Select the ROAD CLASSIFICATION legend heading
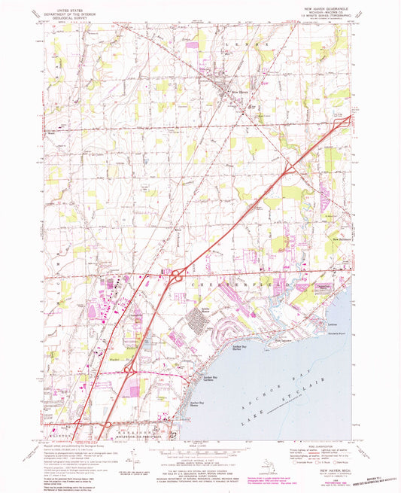click(x=321, y=443)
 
